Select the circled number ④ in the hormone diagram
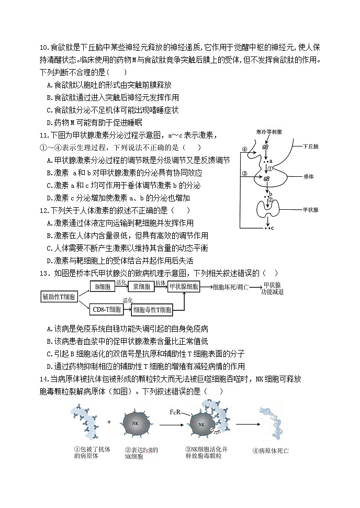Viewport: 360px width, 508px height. click(244, 149)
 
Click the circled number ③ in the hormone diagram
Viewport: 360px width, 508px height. click(244, 174)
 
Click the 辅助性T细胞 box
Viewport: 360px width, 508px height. click(59, 297)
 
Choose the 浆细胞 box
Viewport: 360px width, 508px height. click(141, 287)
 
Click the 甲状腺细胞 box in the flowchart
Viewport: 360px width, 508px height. click(183, 287)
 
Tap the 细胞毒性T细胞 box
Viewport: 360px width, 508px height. click(152, 310)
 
